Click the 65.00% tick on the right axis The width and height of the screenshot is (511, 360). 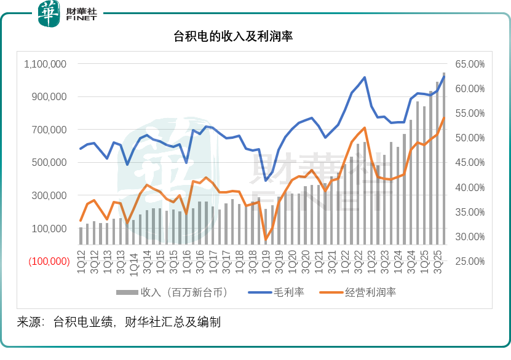[x=470, y=64]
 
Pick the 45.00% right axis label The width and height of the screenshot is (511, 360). [x=470, y=163]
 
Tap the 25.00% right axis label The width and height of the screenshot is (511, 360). [x=470, y=261]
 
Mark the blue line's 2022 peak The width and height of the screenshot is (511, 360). [x=365, y=77]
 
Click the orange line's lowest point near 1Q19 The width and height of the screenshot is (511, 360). [x=266, y=239]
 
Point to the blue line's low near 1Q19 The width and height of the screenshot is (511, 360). [x=266, y=180]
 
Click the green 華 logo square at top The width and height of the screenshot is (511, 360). [x=49, y=14]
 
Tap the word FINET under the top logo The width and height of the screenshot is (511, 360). [x=81, y=20]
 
